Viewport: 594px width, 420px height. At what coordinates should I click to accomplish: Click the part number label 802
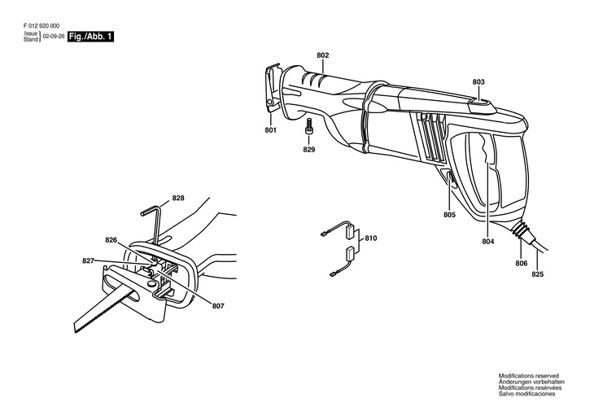click(323, 55)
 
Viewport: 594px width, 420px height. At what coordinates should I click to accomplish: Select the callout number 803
click(478, 81)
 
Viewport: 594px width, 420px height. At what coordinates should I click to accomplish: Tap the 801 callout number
click(271, 129)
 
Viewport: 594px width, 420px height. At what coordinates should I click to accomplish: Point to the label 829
click(309, 150)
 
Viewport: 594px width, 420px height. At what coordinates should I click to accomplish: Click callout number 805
click(449, 215)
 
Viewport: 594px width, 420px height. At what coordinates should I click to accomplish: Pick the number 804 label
click(488, 241)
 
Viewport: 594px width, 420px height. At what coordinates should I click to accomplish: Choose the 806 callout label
click(521, 263)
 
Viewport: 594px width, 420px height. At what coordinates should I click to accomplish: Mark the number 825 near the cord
click(538, 274)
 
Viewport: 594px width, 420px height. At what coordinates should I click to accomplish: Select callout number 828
click(178, 198)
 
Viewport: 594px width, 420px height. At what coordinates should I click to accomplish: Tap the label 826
click(111, 239)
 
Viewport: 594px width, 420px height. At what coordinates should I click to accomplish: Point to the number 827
click(88, 260)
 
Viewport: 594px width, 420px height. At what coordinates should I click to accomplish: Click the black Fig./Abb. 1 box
click(90, 37)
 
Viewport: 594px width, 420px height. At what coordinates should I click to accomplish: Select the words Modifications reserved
click(529, 376)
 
